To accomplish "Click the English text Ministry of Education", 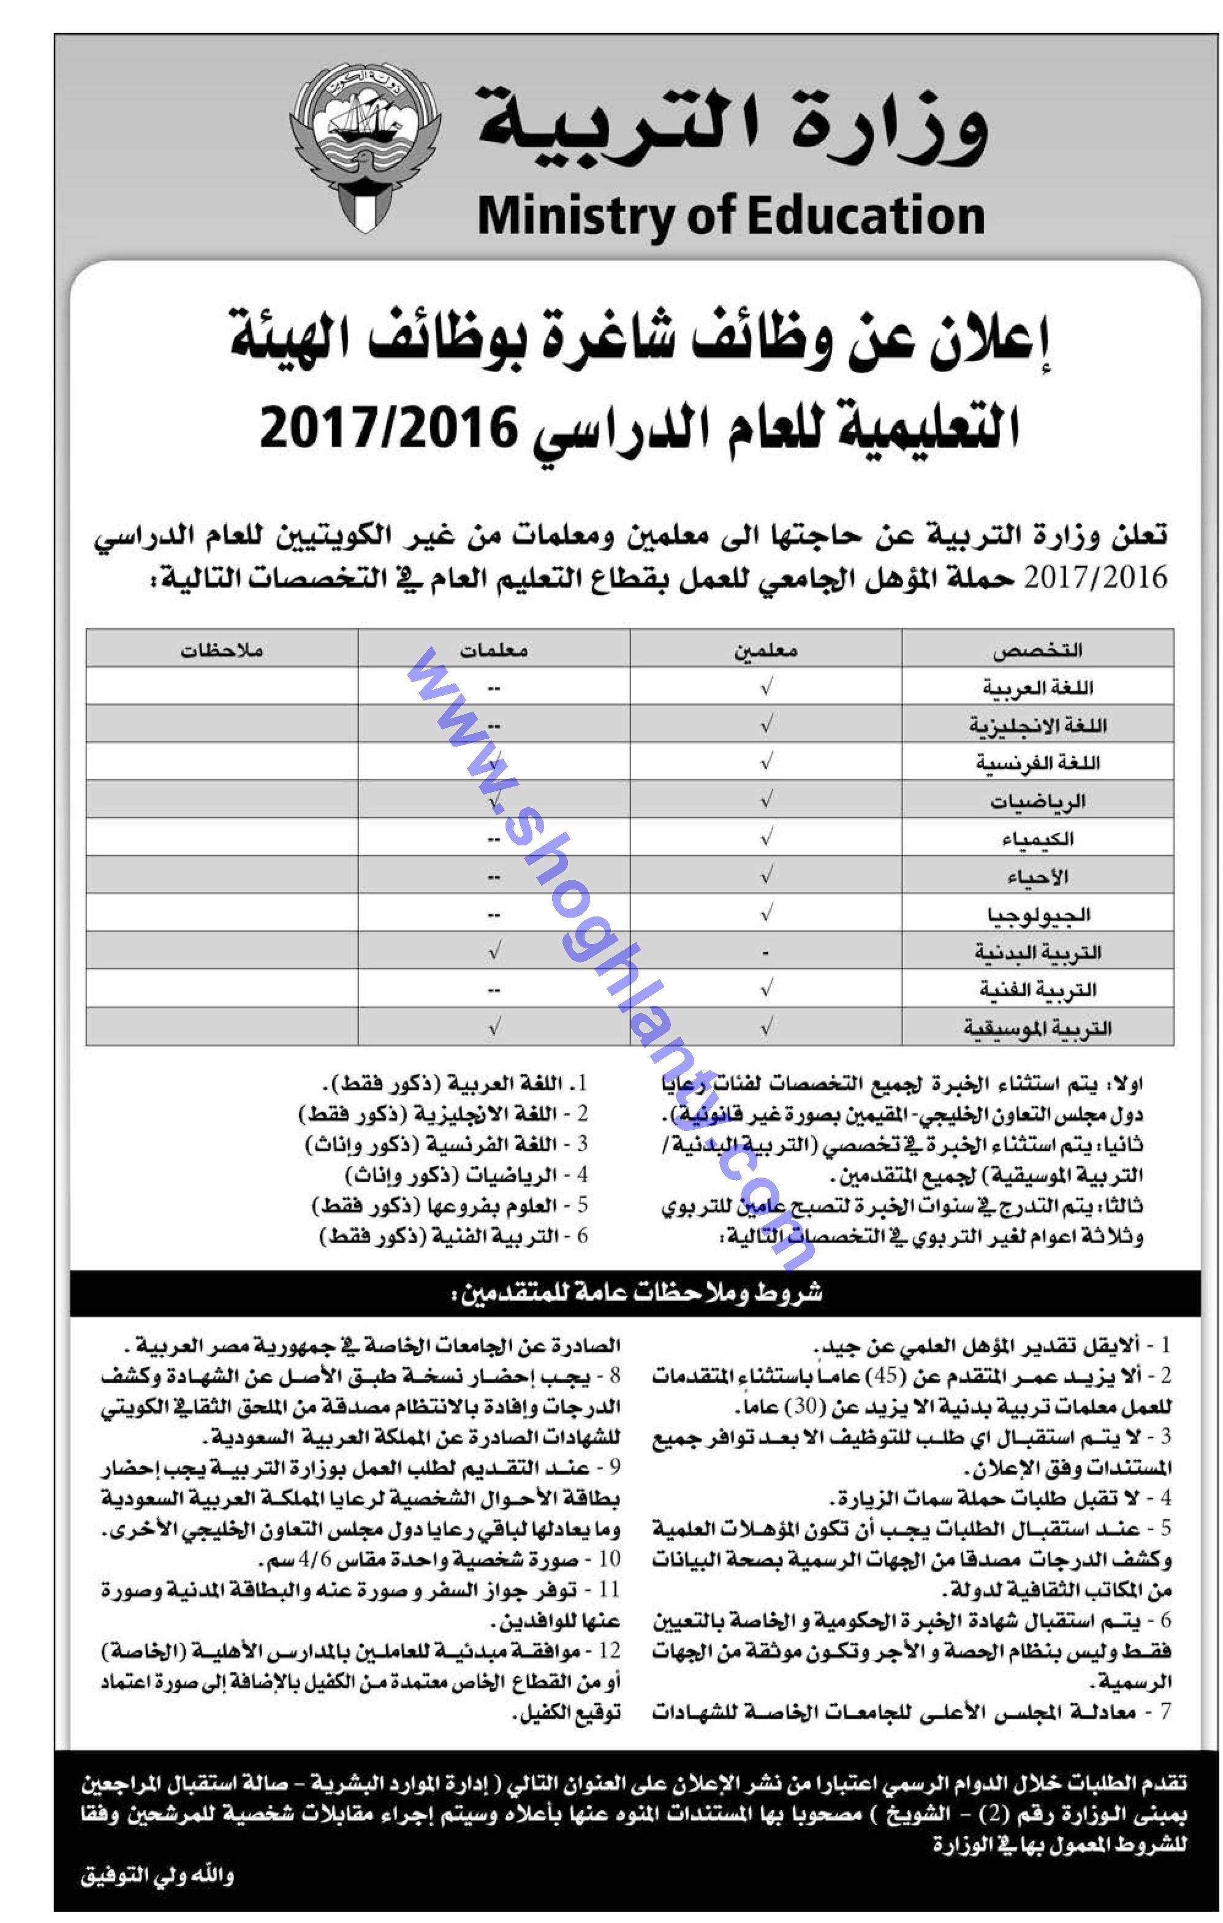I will point(730,216).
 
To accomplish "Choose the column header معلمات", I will point(493,650).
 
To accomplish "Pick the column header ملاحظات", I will point(221,650).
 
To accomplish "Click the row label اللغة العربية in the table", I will point(1037,687).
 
